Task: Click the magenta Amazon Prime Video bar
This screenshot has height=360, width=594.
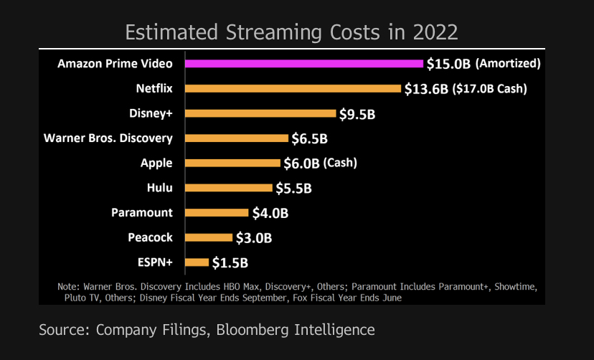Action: [303, 63]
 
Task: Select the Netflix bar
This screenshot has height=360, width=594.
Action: [293, 88]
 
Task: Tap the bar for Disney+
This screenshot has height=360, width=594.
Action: [260, 113]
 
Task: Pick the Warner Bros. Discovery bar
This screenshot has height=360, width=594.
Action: [237, 138]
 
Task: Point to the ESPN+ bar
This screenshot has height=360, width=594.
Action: [197, 262]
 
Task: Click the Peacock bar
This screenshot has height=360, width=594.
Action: [209, 237]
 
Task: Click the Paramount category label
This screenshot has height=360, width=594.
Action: [142, 212]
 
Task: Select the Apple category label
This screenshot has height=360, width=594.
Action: [156, 163]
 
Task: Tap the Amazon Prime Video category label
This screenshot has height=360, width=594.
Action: [115, 63]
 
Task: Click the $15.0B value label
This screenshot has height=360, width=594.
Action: [448, 64]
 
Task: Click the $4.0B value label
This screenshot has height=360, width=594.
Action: [270, 213]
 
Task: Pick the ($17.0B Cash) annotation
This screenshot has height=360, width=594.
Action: [491, 89]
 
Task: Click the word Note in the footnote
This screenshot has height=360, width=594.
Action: [69, 287]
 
